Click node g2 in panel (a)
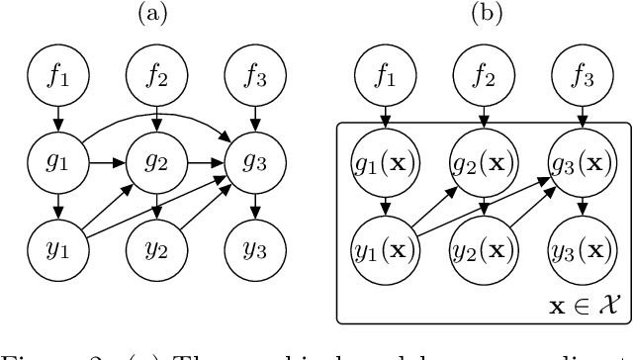coord(155,156)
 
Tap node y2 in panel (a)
coord(155,242)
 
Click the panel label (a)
coord(155,15)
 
